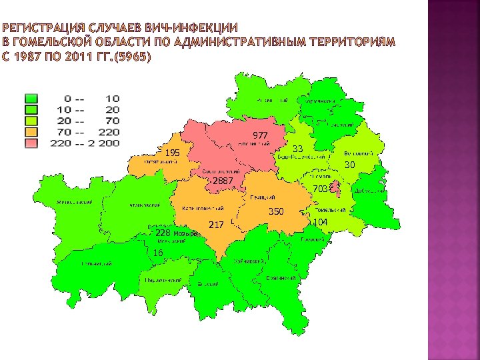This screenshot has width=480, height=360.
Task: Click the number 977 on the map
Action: pos(260,136)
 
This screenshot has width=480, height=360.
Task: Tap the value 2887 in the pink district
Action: pos(222,181)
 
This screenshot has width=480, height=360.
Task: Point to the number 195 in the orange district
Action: pos(173,153)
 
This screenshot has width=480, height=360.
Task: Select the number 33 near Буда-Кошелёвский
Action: pos(298,148)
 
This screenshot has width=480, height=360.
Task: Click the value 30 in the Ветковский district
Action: pos(349,165)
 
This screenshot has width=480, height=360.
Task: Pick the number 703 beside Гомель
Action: pos(321,189)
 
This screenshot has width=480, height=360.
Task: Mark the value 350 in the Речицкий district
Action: pos(276,211)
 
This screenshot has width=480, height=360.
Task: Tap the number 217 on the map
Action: pos(216,225)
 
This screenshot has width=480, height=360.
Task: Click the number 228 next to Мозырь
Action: pos(163,233)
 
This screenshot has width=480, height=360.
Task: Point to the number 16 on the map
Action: pos(158,253)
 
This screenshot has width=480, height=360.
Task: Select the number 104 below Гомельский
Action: pos(321,221)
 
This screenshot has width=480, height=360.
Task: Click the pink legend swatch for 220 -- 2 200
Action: pos(31,143)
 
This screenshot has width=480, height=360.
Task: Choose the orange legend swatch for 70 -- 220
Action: pos(31,133)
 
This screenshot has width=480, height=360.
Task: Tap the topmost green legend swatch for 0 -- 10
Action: pos(31,99)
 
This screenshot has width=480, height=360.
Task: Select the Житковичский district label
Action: pos(73,202)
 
